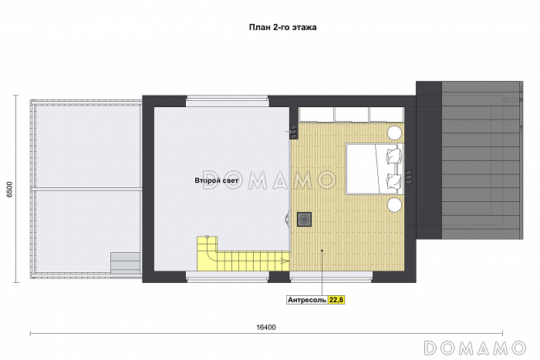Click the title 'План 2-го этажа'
283,28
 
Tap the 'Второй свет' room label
216,180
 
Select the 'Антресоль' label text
307,300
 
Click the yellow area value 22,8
336,300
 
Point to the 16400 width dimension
266,328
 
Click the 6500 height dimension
9,189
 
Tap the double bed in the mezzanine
374,169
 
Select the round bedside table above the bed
395,133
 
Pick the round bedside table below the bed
395,205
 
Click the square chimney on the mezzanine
305,219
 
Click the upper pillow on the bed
395,156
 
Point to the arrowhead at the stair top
285,261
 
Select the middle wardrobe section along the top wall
352,115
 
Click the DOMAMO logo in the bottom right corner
475,348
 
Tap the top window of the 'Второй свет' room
228,103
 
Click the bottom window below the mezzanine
331,276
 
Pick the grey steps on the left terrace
125,263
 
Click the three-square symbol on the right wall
409,177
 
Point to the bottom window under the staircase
228,276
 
